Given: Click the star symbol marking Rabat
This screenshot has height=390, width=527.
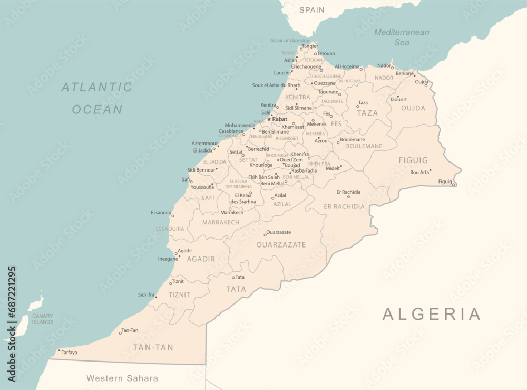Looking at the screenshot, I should click(269, 119).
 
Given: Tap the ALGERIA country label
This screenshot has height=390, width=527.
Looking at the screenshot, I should click(432, 314).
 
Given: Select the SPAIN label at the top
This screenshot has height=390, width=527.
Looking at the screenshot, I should click(312, 10).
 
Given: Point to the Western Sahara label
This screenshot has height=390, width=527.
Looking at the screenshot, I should click(122, 378).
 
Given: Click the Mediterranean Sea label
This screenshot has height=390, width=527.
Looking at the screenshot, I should click(402, 37).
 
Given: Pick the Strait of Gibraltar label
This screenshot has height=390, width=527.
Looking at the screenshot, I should click(290, 41).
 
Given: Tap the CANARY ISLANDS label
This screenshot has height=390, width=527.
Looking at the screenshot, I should click(43, 319).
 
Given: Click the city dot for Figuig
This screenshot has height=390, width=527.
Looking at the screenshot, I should click(454, 184).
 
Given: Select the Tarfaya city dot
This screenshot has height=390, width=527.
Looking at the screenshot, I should click(59, 350).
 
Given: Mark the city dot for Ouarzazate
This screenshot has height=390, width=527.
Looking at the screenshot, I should click(265, 235).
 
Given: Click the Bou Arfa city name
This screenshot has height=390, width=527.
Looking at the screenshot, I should click(419, 172).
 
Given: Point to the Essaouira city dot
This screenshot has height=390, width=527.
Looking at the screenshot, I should click(172, 216).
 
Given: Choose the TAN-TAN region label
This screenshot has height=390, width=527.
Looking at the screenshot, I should click(153, 347).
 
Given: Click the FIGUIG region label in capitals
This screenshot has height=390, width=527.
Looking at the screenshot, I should click(413, 160).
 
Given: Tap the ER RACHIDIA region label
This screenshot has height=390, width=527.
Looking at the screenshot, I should click(344, 206).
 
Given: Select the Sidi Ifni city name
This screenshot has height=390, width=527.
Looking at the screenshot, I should click(145, 294).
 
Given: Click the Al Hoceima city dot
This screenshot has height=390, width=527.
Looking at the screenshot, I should click(361, 69).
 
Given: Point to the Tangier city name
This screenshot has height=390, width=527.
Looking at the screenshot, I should click(309, 46).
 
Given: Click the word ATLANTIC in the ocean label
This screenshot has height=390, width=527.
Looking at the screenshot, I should click(97, 87).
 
